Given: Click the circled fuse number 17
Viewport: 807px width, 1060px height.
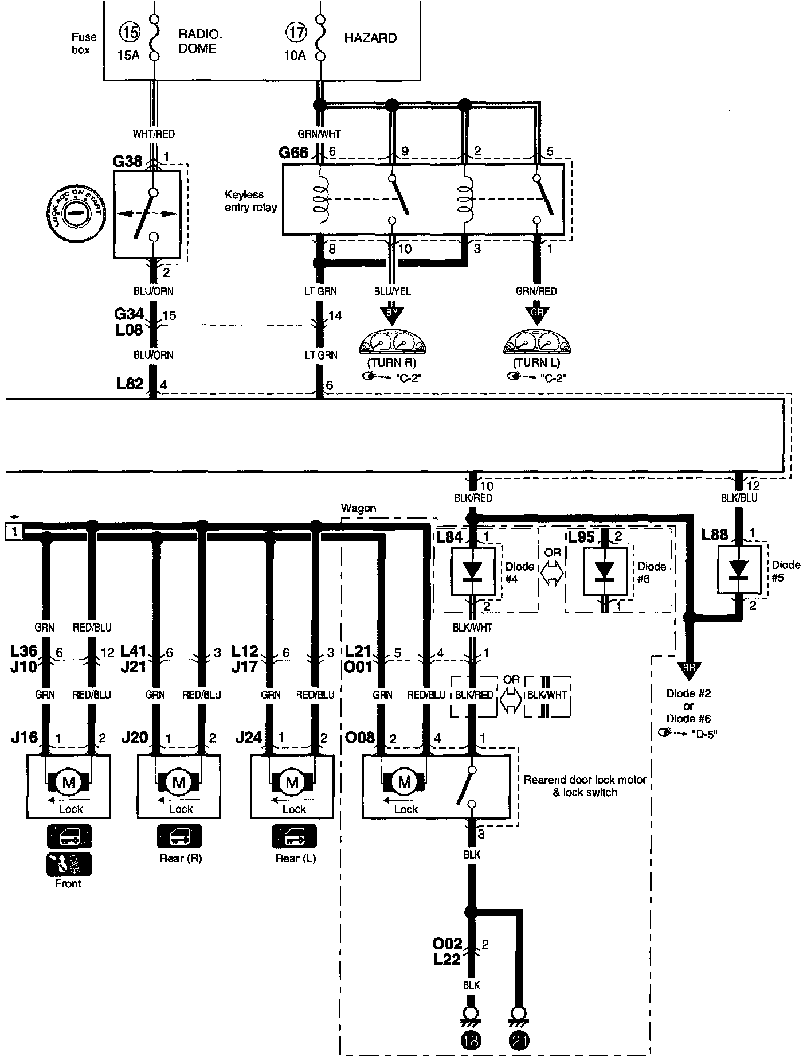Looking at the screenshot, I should pyautogui.click(x=296, y=33).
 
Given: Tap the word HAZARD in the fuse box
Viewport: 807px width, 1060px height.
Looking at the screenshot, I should pyautogui.click(x=370, y=38).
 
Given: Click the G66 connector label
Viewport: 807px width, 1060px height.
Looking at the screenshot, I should pyautogui.click(x=293, y=153).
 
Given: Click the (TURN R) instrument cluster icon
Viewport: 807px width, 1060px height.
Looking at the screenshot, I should pyautogui.click(x=392, y=343).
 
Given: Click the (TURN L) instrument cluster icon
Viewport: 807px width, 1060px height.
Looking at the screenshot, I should pyautogui.click(x=536, y=343).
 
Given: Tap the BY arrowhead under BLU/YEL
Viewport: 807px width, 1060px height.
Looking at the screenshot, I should pyautogui.click(x=392, y=314).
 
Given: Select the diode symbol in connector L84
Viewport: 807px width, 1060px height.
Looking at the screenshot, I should pyautogui.click(x=473, y=571).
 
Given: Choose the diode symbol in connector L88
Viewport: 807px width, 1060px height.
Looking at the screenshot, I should pyautogui.click(x=739, y=570).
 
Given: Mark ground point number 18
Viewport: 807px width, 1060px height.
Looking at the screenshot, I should pyautogui.click(x=471, y=1040).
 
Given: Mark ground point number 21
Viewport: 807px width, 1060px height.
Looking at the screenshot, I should pyautogui.click(x=519, y=1040).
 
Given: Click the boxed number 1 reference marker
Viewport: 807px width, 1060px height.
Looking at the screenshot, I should pyautogui.click(x=14, y=532).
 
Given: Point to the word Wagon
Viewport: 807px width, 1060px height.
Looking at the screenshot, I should pyautogui.click(x=358, y=508).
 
